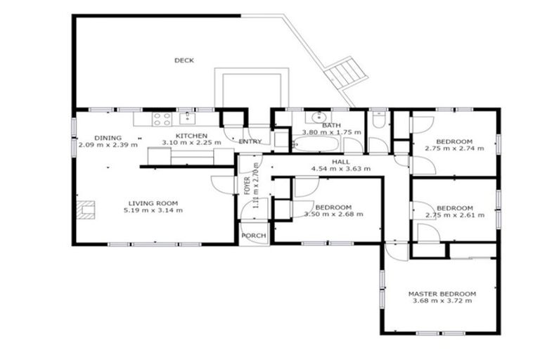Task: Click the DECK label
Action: [x=184, y=60]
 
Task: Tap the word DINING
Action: [x=108, y=138]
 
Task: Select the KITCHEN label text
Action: [x=191, y=135]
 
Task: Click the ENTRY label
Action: [x=250, y=141]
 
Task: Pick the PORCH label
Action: [x=252, y=236]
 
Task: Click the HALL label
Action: [x=341, y=162]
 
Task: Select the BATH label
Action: [x=331, y=126]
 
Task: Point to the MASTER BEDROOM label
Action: [x=442, y=294]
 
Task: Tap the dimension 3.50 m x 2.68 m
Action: [x=333, y=214]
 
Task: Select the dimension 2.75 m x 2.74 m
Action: [x=454, y=148]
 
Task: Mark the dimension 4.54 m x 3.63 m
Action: [x=341, y=169]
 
